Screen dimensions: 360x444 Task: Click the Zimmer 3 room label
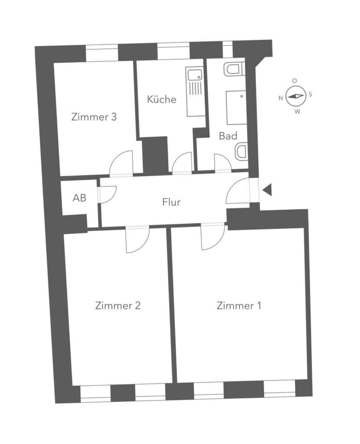point(94,117)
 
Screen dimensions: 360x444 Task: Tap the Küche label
point(162,99)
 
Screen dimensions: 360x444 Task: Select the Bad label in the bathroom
point(228,136)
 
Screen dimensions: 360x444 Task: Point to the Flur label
point(171,202)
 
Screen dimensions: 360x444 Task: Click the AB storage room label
point(79,198)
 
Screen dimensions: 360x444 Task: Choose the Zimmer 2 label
point(118,306)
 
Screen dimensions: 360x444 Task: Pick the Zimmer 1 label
point(239,306)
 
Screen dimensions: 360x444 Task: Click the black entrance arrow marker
point(267,190)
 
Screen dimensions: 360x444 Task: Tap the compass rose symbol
point(295,96)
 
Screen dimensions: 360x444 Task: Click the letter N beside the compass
point(281,98)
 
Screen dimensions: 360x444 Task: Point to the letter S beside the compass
point(310,94)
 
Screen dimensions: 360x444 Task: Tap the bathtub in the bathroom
point(237,108)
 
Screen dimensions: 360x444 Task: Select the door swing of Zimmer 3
point(121,163)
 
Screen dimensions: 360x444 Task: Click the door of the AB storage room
point(107,195)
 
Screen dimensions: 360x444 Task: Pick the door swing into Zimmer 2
point(138,239)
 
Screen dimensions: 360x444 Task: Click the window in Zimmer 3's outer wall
point(102,54)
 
